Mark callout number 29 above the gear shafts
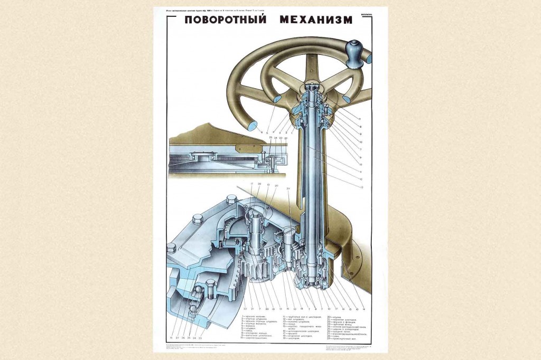[288, 188]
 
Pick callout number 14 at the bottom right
[364, 308]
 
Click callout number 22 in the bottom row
[245, 308]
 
